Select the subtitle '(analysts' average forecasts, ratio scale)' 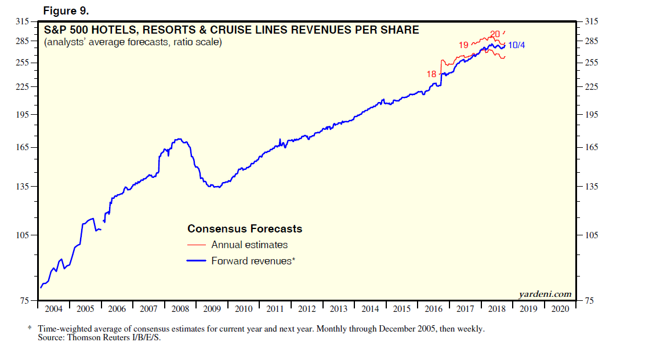pyautogui.click(x=133, y=42)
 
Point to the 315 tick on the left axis pyautogui.click(x=23, y=21)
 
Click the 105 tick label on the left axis pyautogui.click(x=23, y=235)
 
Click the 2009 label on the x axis pyautogui.click(x=212, y=309)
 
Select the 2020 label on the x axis pyautogui.click(x=560, y=309)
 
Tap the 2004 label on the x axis pyautogui.click(x=53, y=309)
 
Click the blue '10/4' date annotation pyautogui.click(x=516, y=45)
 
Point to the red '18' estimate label pyautogui.click(x=431, y=74)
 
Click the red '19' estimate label pyautogui.click(x=463, y=45)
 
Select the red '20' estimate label pyautogui.click(x=495, y=34)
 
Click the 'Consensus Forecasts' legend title pyautogui.click(x=245, y=229)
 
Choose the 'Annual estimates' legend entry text pyautogui.click(x=249, y=245)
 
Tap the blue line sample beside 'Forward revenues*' pyautogui.click(x=197, y=261)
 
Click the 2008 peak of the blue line pyautogui.click(x=180, y=139)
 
